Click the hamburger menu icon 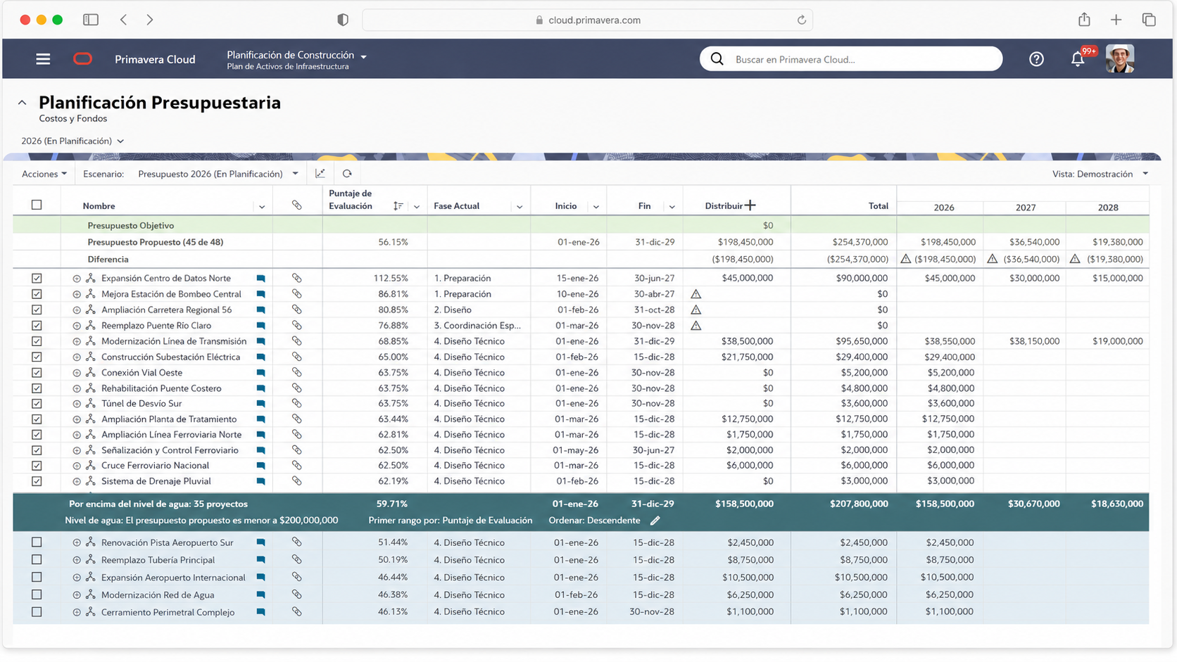(43, 59)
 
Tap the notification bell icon (1077, 59)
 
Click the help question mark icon (1036, 59)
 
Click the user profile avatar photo (1120, 59)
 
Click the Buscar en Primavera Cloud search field (850, 59)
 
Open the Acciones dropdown (44, 174)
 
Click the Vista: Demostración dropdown (1100, 174)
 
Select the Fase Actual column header (456, 206)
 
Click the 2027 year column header (1025, 208)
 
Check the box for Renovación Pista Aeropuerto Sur (37, 542)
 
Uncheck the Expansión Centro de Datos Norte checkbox (37, 279)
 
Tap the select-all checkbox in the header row (37, 205)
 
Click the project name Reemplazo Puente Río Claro (156, 326)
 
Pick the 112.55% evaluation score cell (391, 279)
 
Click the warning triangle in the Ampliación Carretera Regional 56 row (695, 310)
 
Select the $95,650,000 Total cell (861, 341)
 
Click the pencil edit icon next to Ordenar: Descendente (655, 521)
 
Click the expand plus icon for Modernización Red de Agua (77, 594)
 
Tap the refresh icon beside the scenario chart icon (347, 174)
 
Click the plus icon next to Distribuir (750, 205)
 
